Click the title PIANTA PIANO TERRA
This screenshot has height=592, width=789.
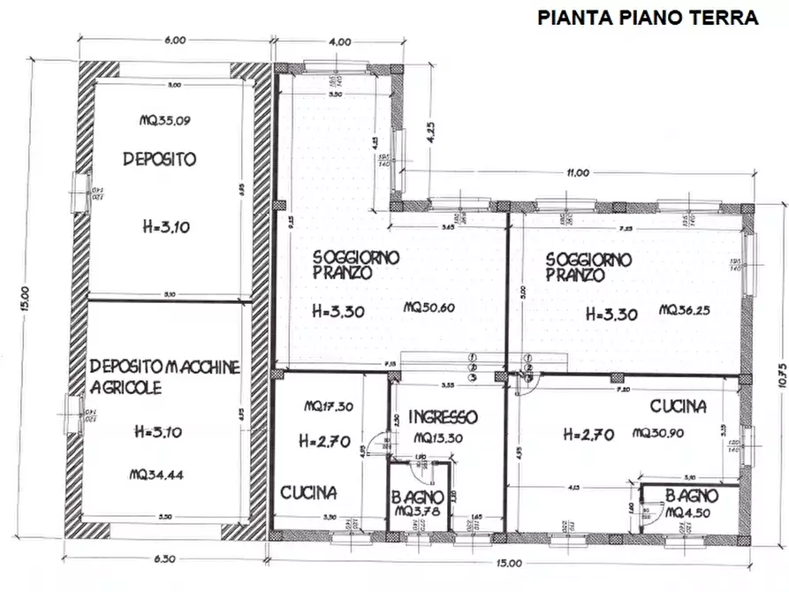(648, 18)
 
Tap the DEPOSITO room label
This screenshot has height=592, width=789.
(159, 160)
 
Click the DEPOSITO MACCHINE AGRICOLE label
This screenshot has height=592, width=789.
(164, 376)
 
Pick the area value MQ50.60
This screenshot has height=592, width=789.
(429, 308)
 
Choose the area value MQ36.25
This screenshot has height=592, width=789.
(686, 309)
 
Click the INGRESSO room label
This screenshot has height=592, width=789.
(444, 417)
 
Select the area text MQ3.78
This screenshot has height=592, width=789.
(419, 513)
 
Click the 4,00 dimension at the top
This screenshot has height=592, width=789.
(339, 42)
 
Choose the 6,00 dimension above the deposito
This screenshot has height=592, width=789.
(174, 41)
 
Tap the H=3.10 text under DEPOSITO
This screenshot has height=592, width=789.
(164, 227)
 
